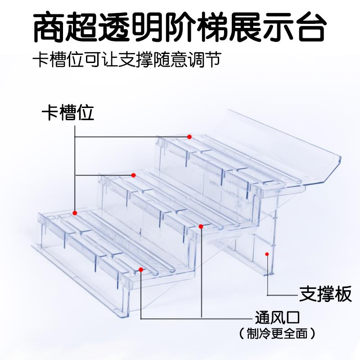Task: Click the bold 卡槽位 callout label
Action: (68, 113)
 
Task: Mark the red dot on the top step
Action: (190, 136)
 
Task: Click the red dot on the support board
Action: (267, 254)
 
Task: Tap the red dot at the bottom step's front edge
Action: (141, 270)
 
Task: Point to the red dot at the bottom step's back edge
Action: (75, 212)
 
